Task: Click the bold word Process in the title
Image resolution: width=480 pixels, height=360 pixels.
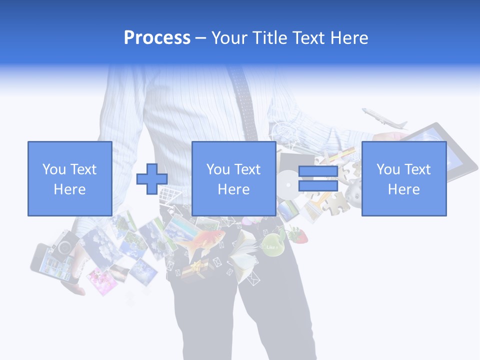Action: point(157,38)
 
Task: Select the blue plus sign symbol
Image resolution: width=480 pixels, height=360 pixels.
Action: point(152,179)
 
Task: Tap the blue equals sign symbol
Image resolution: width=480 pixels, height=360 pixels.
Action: point(318,179)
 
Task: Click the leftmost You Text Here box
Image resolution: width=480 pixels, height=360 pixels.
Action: point(69,179)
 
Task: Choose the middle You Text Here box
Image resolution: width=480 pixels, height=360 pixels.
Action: point(233,179)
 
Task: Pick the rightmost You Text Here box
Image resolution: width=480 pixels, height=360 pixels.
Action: point(403,179)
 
